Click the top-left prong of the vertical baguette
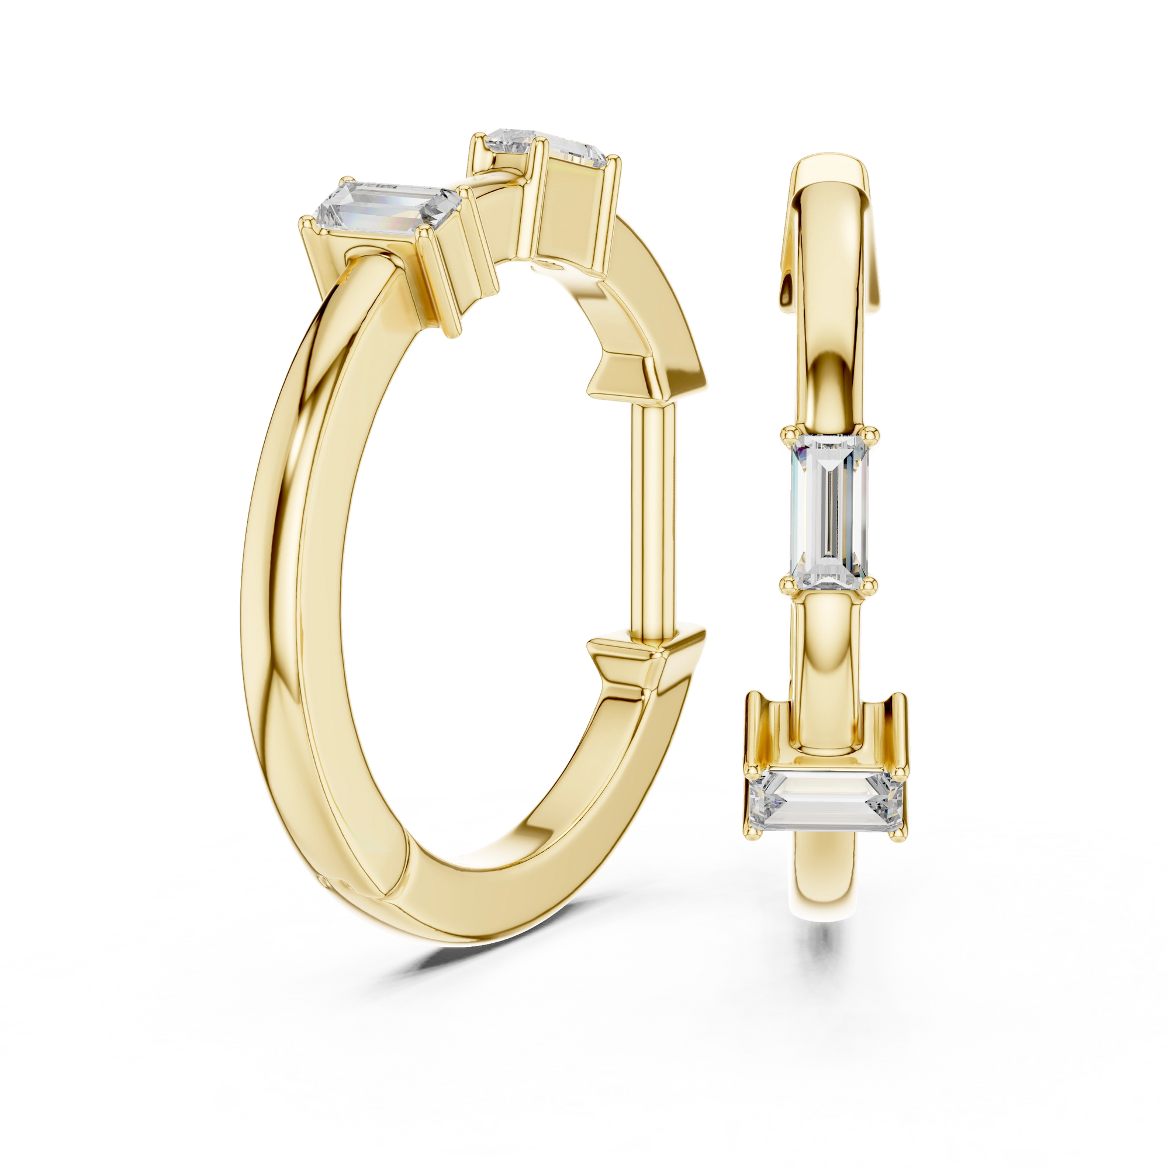(787, 433)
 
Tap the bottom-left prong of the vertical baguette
(787, 583)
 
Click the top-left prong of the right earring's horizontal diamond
(753, 770)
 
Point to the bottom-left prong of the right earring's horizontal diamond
(753, 835)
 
